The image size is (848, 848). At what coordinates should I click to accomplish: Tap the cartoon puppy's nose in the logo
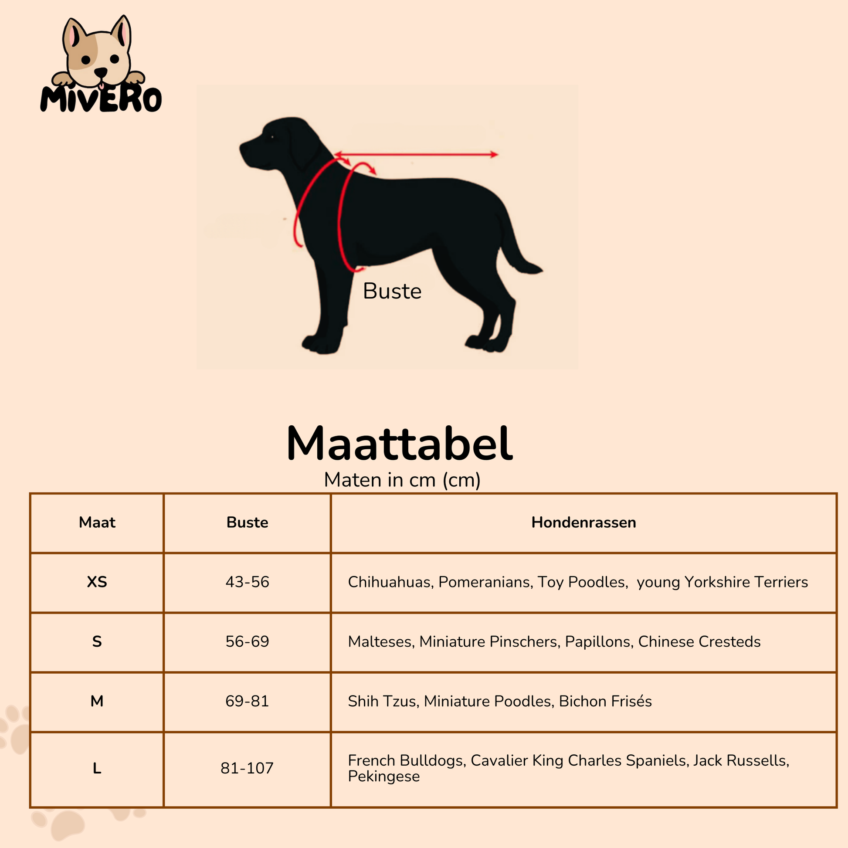101,72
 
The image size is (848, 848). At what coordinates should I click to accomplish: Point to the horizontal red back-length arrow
416,155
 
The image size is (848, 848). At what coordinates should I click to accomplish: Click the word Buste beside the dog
392,291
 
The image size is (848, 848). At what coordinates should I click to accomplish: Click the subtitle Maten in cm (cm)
402,480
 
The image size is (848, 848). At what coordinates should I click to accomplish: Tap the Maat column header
97,522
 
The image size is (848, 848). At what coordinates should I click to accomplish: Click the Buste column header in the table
247,522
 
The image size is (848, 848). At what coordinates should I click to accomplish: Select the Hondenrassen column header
584,522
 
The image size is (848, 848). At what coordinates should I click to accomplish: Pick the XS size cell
97,582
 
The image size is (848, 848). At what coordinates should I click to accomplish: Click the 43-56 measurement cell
247,582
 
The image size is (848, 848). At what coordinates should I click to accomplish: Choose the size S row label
97,642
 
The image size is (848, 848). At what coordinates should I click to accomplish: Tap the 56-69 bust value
247,642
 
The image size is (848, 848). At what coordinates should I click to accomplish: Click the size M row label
97,702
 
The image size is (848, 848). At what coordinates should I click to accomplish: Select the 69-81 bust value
247,702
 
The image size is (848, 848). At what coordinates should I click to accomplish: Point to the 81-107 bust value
247,768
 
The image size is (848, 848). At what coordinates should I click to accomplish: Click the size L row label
97,768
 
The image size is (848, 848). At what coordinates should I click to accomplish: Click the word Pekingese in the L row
384,777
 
